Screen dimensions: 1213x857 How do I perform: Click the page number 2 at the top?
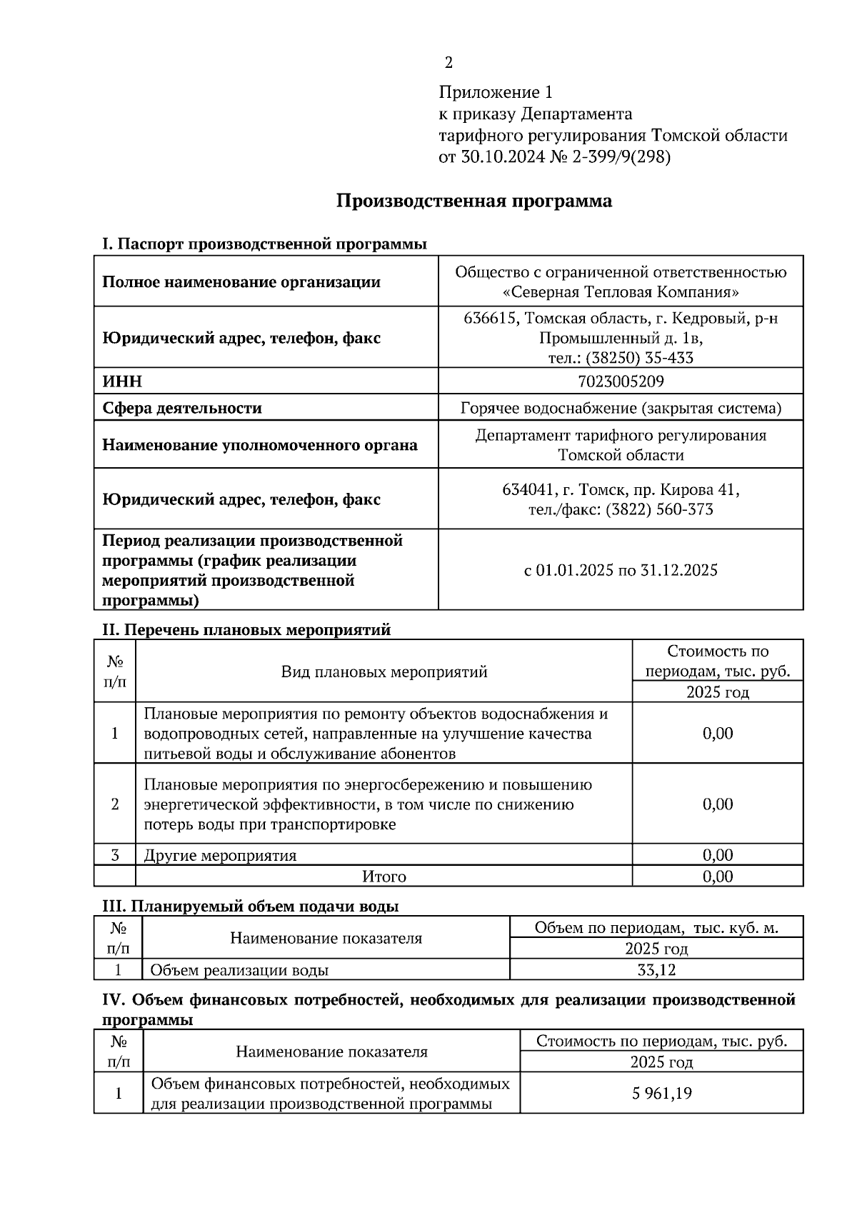pyautogui.click(x=448, y=63)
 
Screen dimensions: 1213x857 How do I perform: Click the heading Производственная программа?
pyautogui.click(x=473, y=201)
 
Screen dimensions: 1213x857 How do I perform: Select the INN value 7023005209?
pyautogui.click(x=620, y=381)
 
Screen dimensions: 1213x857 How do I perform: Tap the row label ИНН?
pyautogui.click(x=122, y=381)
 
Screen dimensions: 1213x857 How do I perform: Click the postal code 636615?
pyautogui.click(x=490, y=318)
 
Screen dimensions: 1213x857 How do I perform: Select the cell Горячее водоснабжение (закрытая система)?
pyautogui.click(x=620, y=408)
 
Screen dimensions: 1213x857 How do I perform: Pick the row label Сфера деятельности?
pyautogui.click(x=182, y=408)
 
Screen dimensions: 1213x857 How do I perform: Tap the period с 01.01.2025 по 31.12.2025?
pyautogui.click(x=620, y=570)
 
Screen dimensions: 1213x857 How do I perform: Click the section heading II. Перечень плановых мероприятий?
pyautogui.click(x=247, y=630)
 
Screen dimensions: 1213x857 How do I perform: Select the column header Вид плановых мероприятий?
pyautogui.click(x=384, y=672)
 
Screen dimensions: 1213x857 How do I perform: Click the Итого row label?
pyautogui.click(x=384, y=877)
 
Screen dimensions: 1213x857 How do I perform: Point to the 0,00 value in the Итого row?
pyautogui.click(x=717, y=877)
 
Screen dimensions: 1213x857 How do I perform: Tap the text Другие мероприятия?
pyautogui.click(x=220, y=855)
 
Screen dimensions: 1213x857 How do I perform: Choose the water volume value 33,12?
pyautogui.click(x=656, y=970)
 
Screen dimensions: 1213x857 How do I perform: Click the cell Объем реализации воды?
pyautogui.click(x=239, y=970)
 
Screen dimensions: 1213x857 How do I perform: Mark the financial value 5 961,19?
pyautogui.click(x=661, y=1094)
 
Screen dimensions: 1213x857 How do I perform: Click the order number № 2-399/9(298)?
pyautogui.click(x=611, y=156)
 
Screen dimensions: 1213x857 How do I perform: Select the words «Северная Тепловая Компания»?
pyautogui.click(x=620, y=292)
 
